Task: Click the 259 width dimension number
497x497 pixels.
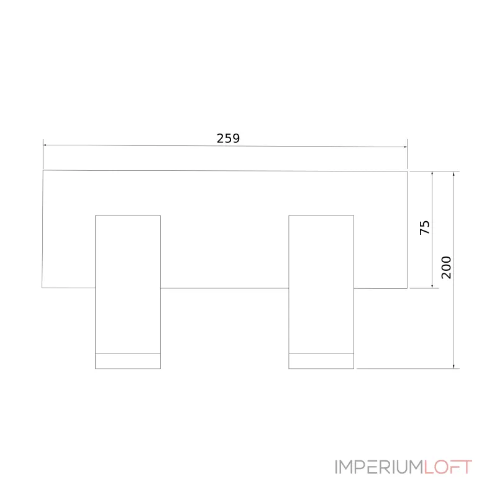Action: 228,139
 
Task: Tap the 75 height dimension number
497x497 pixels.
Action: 425,227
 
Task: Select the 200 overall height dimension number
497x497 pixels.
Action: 446,267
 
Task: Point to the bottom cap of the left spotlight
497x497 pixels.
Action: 128,361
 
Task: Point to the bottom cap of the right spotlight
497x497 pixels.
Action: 321,361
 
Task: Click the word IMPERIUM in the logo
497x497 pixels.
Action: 380,467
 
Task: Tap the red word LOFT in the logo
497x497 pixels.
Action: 449,467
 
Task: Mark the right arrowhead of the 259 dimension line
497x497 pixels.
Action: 405,147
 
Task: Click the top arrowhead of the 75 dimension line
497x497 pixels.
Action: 432,173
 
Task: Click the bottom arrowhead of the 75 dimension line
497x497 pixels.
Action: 432,286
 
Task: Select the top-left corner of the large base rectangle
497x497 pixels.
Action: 43,170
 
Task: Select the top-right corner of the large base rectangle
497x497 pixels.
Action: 407,171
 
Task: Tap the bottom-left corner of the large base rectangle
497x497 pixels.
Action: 42,288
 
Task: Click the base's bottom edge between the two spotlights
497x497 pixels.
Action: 224,288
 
